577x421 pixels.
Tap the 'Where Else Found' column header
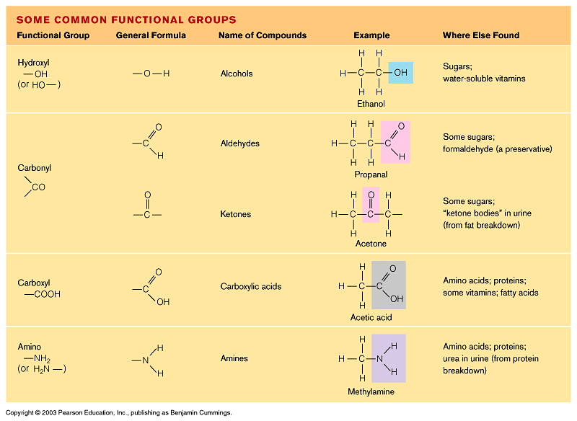tap(480, 35)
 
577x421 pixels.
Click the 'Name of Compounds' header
tap(263, 35)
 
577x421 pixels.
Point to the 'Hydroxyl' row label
tap(33, 63)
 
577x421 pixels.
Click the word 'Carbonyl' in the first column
tap(34, 168)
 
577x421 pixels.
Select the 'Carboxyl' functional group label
tap(34, 283)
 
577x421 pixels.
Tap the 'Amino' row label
tap(30, 347)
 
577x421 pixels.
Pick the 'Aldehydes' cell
tap(239, 143)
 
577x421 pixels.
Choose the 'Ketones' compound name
tap(236, 214)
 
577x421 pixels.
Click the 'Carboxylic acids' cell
tap(251, 286)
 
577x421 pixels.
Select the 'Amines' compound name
tap(234, 358)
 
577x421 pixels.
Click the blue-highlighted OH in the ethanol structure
tap(400, 73)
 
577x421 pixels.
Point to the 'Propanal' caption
tap(371, 174)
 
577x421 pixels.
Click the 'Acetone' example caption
tap(371, 244)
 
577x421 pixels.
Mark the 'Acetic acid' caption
tap(371, 317)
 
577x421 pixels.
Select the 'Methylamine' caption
tap(371, 391)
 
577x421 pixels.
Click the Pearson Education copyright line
tap(118, 413)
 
